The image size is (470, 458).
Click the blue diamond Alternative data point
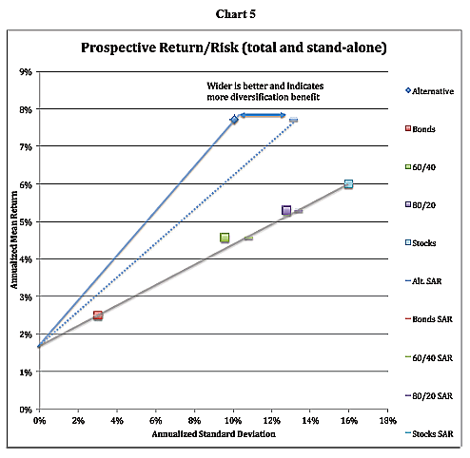234,120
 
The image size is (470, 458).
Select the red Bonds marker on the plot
97,315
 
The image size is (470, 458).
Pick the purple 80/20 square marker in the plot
286,210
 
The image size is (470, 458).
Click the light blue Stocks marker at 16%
348,184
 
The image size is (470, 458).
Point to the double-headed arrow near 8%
261,115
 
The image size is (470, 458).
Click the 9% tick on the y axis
26,71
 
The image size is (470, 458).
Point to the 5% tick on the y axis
26,221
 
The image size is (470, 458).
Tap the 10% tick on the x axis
232,418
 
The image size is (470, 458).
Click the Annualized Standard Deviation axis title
212,434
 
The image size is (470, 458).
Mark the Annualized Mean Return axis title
14,239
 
